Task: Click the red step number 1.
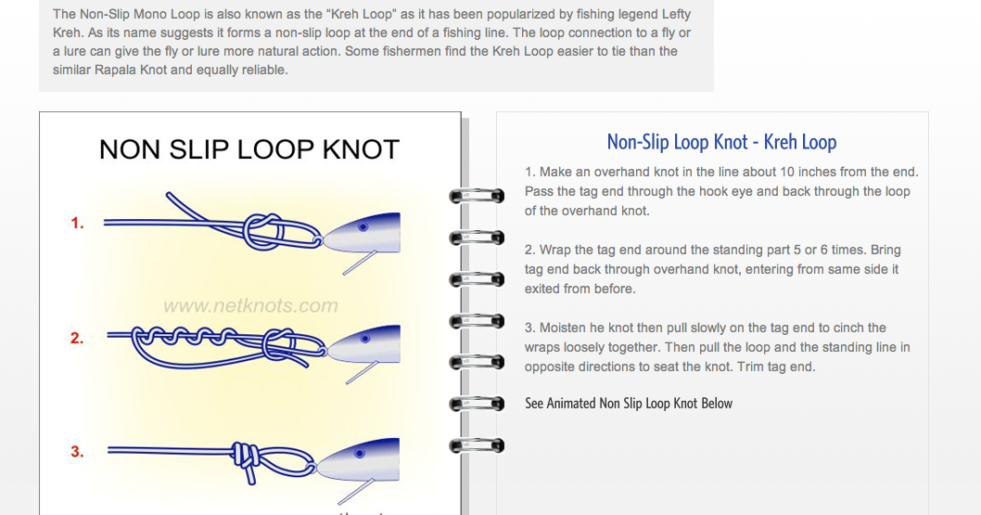click(78, 224)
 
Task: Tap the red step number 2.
click(78, 339)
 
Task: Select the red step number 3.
click(78, 452)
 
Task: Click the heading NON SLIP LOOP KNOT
click(248, 149)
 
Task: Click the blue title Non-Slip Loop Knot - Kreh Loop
click(721, 142)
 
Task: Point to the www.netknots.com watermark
click(250, 305)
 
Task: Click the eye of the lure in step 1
click(364, 225)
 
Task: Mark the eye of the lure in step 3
click(364, 453)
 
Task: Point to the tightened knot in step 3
click(244, 457)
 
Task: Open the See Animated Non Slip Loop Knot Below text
click(629, 404)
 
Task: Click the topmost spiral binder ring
click(477, 196)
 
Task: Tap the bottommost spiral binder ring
click(477, 446)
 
